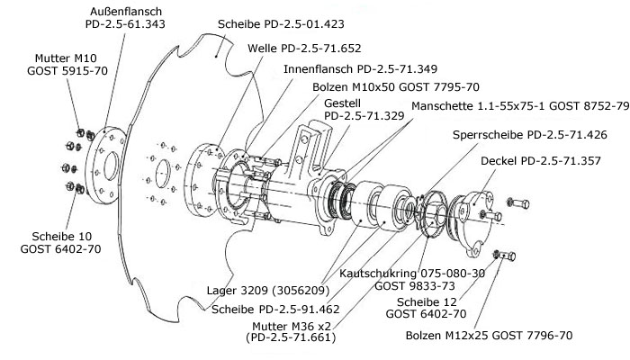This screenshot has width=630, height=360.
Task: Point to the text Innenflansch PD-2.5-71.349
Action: point(347,67)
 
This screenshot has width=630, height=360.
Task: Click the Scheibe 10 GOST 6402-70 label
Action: point(57,242)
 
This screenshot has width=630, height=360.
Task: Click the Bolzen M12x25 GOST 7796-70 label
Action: point(500,335)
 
